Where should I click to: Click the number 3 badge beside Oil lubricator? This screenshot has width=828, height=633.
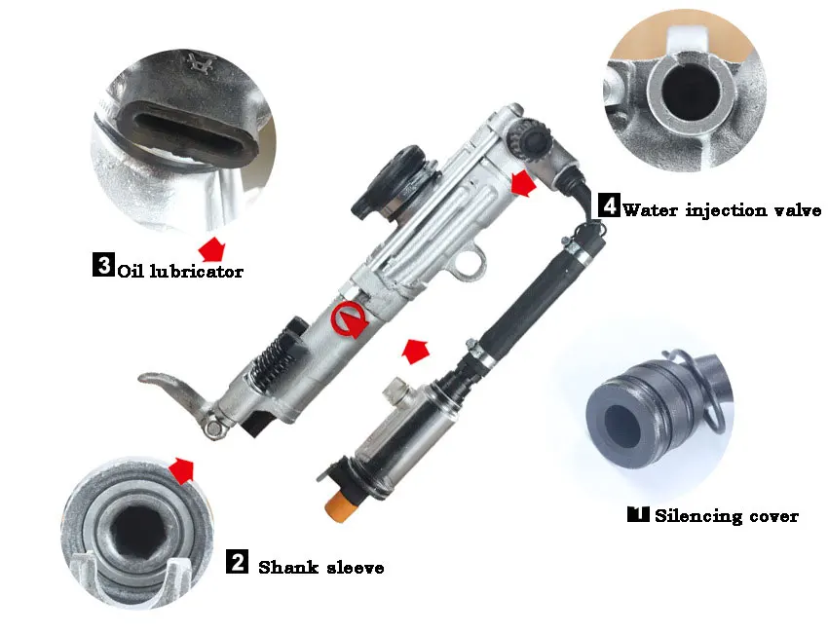[x=103, y=265]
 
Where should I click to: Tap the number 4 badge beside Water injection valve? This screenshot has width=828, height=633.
[x=609, y=205]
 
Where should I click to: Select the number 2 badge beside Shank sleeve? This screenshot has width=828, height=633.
[x=237, y=561]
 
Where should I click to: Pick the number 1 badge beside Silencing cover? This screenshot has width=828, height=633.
[x=638, y=513]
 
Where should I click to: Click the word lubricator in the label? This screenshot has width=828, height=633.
[x=197, y=272]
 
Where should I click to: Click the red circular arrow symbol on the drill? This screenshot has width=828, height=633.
[x=349, y=318]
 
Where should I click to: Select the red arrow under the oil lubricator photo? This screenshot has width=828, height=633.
[x=211, y=248]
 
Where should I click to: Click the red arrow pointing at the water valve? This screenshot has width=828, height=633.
[x=524, y=183]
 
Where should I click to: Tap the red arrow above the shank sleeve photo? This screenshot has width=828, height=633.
[x=181, y=469]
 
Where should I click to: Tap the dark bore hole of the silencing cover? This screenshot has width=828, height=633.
[x=623, y=424]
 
